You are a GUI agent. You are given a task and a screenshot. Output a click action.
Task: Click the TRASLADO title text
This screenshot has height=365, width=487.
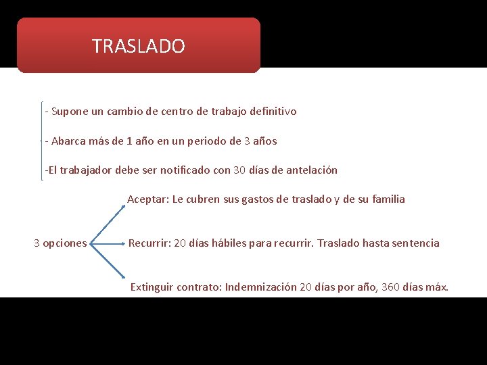pos(138,46)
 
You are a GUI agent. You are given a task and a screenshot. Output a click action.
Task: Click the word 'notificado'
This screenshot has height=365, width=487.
pos(185,170)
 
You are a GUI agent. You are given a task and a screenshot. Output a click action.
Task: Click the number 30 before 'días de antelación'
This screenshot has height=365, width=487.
pos(239,170)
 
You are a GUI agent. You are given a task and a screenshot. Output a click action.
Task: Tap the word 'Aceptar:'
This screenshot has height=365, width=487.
pos(148,199)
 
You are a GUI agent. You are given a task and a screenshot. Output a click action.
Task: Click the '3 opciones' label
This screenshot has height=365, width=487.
pos(60,243)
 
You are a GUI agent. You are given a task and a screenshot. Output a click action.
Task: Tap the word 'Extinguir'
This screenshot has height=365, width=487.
pos(152,287)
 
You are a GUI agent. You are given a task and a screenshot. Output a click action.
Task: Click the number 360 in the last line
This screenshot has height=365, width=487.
pos(390,287)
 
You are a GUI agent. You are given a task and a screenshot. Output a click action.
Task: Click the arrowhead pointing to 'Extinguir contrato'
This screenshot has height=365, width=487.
pos(122,276)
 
